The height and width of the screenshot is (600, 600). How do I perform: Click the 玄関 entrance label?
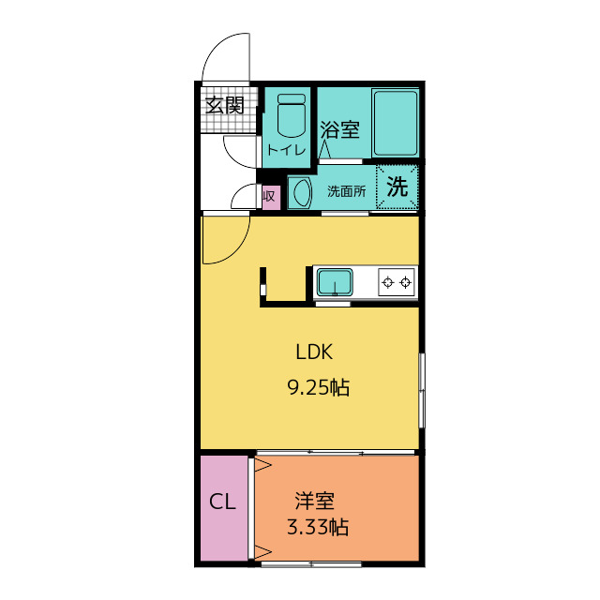(x=225, y=104)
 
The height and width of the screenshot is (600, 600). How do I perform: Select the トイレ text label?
(x=286, y=150)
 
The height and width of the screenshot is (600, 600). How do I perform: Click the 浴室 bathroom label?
(x=339, y=129)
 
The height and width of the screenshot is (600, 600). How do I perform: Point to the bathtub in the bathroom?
(x=395, y=124)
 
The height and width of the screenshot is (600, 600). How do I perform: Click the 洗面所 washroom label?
(x=345, y=191)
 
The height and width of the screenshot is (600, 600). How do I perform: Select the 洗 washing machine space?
(x=397, y=187)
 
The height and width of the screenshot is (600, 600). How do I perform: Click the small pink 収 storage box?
(x=269, y=196)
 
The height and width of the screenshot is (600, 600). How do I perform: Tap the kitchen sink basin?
(x=333, y=281)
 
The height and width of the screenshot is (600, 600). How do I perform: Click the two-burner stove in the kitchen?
(x=396, y=280)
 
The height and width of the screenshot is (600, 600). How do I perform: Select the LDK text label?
(x=315, y=352)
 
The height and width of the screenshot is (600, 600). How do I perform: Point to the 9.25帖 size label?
(x=318, y=386)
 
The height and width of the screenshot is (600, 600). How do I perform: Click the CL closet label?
(x=222, y=502)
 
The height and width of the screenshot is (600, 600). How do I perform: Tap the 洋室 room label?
(x=315, y=501)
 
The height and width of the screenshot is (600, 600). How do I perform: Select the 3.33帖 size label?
(x=318, y=527)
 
